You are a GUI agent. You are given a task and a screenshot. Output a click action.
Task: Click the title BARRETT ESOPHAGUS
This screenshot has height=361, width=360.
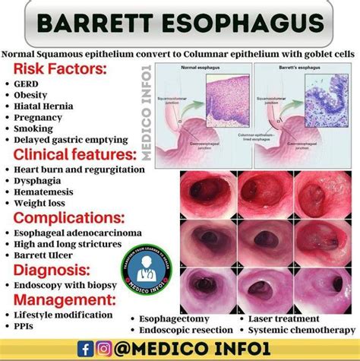pyautogui.click(x=179, y=24)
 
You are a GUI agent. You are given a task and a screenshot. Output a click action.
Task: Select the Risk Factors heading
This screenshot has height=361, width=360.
pyautogui.click(x=59, y=69)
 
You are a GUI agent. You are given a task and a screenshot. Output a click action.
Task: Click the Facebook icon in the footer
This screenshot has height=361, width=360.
pyautogui.click(x=87, y=348)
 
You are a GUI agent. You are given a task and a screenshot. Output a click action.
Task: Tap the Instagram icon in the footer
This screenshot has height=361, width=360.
pyautogui.click(x=104, y=348)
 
